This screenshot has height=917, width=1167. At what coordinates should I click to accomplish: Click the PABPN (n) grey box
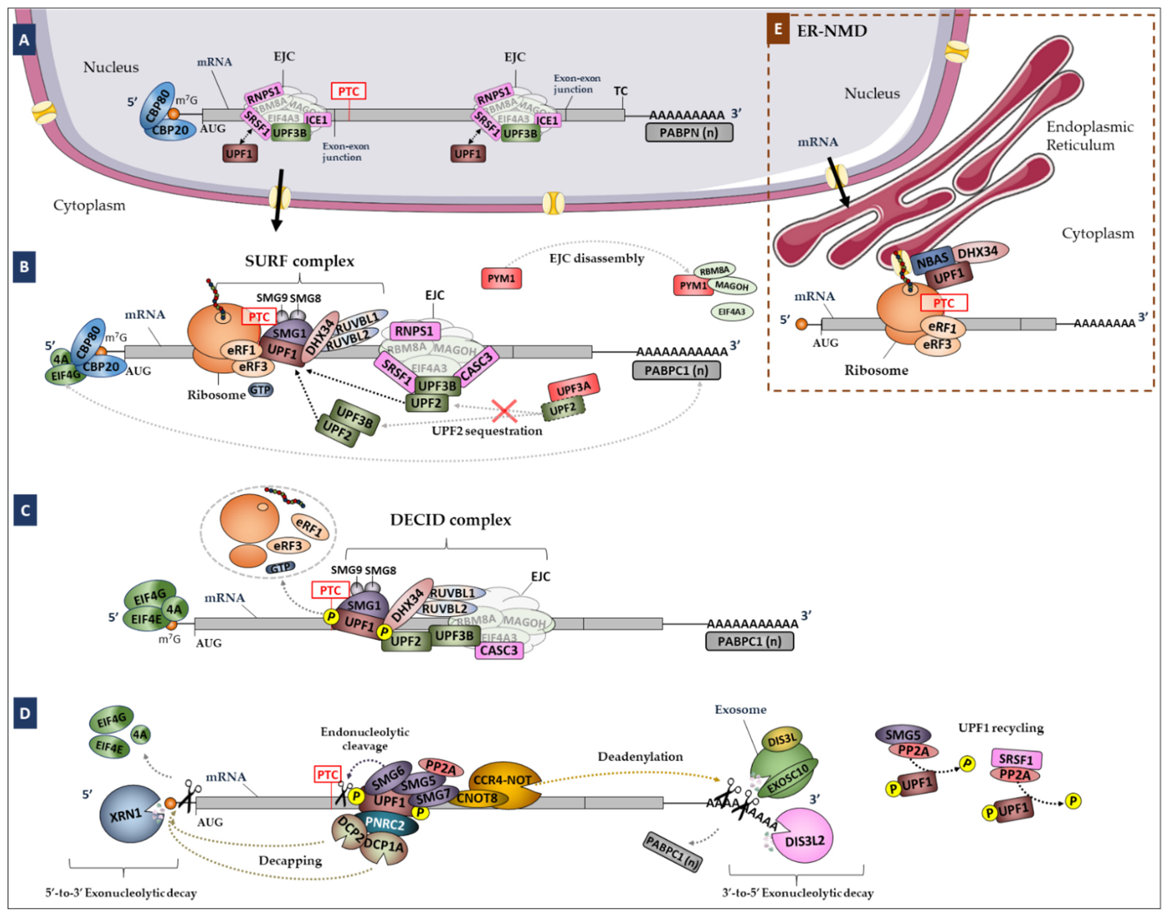pos(689,133)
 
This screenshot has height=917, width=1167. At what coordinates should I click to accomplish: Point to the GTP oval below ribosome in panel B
pos(260,390)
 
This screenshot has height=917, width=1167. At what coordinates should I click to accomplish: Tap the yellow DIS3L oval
pos(782,740)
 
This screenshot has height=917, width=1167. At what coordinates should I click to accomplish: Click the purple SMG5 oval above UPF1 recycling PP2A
pos(903,734)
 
